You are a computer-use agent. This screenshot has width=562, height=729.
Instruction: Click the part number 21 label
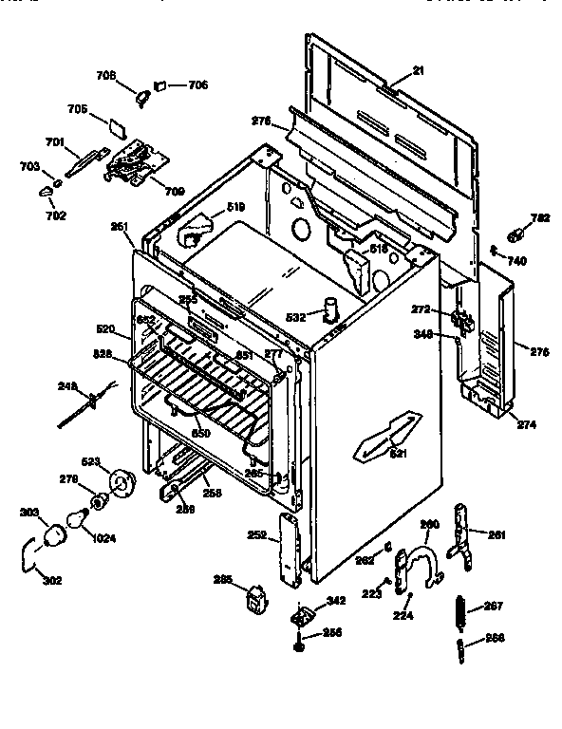point(417,73)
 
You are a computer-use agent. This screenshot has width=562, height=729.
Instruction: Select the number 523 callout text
point(92,462)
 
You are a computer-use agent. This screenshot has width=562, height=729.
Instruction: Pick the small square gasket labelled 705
point(116,123)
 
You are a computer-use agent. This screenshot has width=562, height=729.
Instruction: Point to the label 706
point(197,85)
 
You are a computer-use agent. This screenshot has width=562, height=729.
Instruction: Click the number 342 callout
point(335,601)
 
